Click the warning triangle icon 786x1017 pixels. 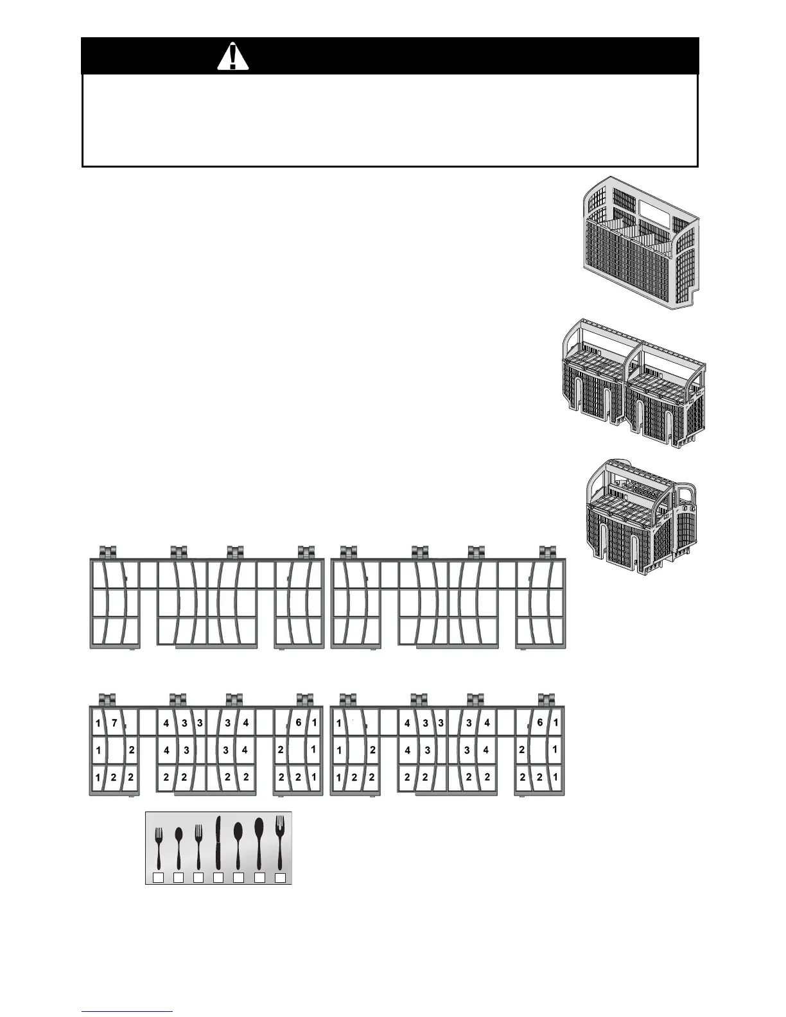pos(232,56)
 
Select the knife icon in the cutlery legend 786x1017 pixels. pos(218,842)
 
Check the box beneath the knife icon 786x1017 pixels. pos(218,878)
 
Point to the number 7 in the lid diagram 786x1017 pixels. pos(114,723)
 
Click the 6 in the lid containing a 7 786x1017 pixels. pos(299,722)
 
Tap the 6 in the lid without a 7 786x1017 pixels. pos(540,722)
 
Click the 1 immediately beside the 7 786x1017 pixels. pos(98,724)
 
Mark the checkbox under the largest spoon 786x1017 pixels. pos(259,878)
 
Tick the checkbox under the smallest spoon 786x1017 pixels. pos(179,878)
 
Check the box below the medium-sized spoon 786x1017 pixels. pos(238,878)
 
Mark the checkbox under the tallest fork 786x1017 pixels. pos(280,878)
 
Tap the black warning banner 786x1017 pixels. pos(390,56)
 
